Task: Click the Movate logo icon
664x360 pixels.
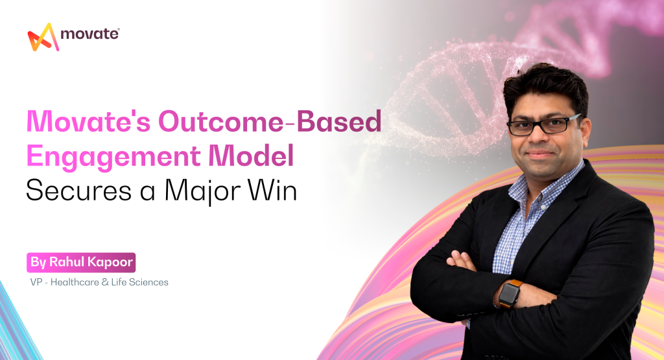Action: [x=43, y=37]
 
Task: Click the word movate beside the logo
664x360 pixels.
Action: [x=88, y=34]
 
